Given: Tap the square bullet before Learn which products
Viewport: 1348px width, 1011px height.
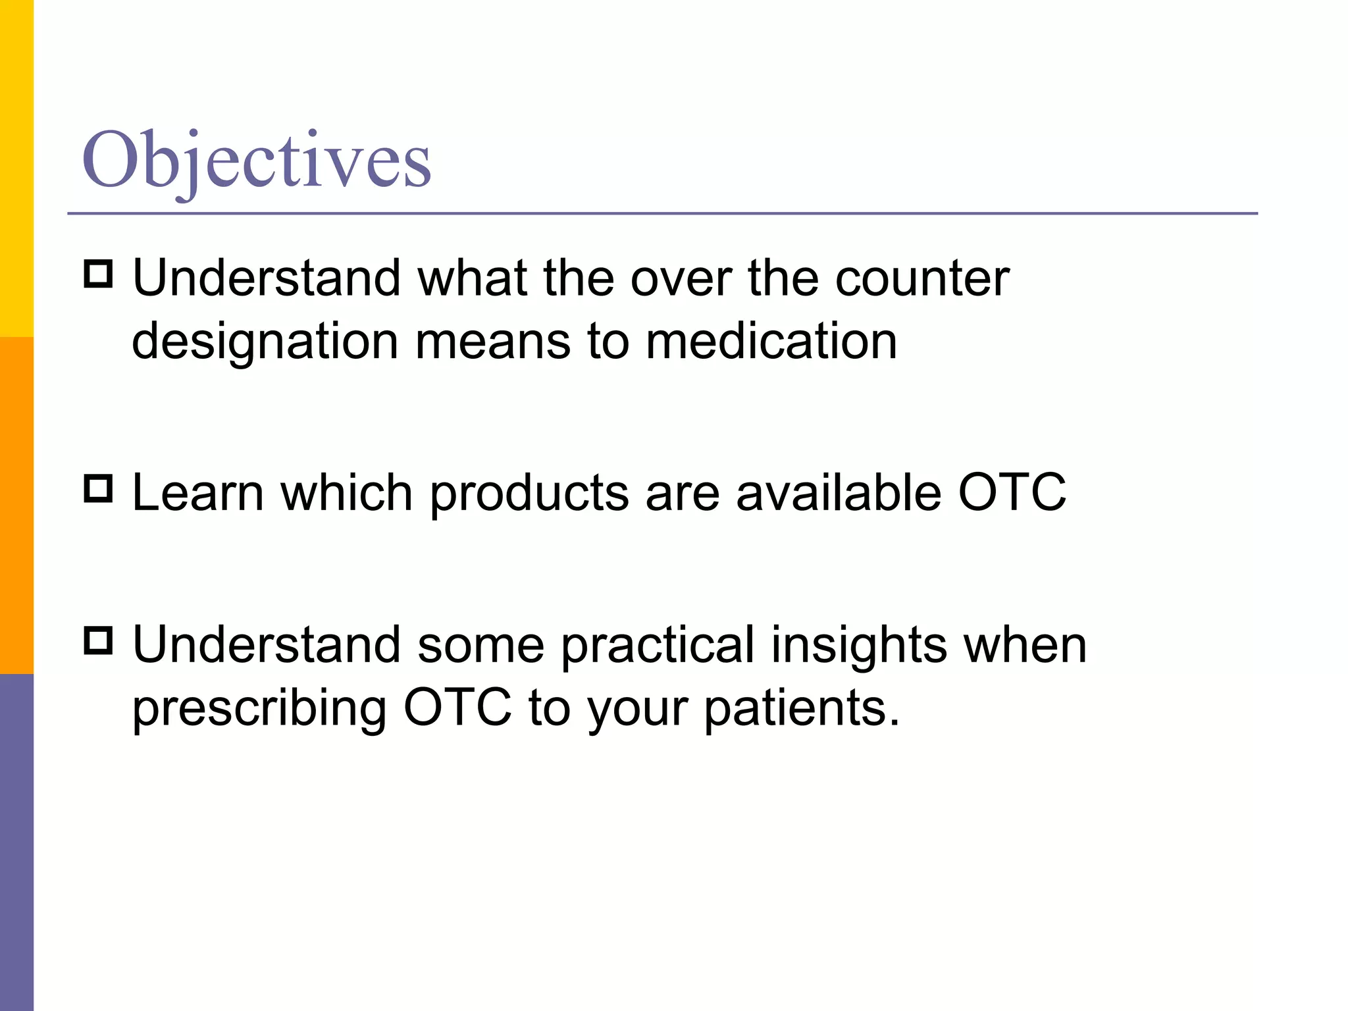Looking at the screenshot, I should [x=99, y=489].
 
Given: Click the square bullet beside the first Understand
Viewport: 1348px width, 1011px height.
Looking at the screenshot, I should [x=99, y=274].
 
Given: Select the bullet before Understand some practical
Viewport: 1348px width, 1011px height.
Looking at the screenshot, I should [x=99, y=640].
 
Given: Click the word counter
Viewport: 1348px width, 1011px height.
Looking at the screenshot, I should [x=921, y=279].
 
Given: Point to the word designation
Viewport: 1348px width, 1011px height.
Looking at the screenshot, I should [x=265, y=342].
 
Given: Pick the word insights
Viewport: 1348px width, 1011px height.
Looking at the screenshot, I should [x=859, y=646].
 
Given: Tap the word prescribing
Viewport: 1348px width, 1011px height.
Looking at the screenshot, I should [x=259, y=710].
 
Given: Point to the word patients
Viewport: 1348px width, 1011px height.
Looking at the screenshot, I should [x=801, y=710].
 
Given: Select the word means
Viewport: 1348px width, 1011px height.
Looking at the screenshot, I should [x=492, y=342].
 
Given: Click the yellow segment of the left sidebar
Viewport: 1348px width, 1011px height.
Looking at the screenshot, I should [x=16, y=168].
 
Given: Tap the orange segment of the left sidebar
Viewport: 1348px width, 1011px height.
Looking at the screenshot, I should [x=16, y=505].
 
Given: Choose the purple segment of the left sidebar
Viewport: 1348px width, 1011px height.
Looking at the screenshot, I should [x=16, y=842].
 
